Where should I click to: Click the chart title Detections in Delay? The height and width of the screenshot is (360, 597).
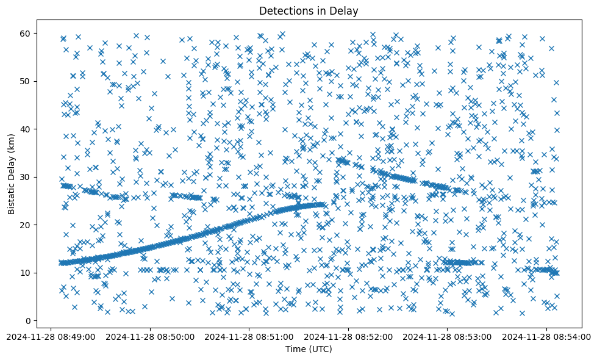point(308,10)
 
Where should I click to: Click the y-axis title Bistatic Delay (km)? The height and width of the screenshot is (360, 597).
point(12,171)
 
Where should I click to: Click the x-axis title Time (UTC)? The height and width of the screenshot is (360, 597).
point(308,349)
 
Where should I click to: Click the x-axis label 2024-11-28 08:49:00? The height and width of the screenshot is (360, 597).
point(51,336)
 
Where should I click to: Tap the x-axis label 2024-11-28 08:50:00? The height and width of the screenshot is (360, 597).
point(150,336)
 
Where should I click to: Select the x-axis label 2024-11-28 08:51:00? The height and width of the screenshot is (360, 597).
point(249,336)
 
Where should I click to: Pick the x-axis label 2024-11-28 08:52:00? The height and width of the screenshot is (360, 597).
point(348,336)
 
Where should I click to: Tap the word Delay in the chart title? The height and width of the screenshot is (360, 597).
point(345,10)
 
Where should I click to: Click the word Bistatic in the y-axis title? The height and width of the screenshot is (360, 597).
point(12,196)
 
